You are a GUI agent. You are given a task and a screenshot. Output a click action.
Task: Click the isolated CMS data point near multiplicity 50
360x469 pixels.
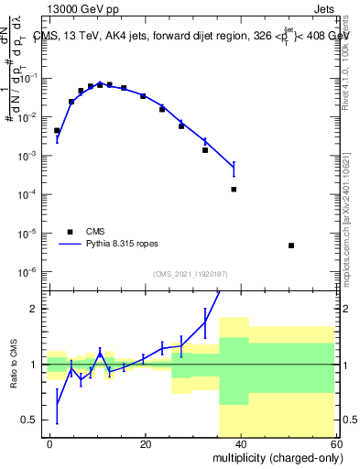(x=290, y=245)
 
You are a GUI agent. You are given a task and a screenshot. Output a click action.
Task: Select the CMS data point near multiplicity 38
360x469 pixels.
(x=234, y=190)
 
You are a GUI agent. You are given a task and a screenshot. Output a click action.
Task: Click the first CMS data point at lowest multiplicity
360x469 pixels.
(x=57, y=131)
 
